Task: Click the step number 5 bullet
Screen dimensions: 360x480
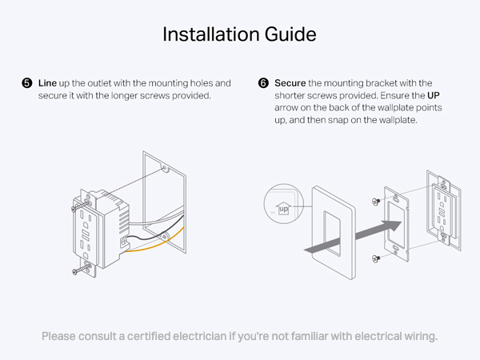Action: (x=27, y=83)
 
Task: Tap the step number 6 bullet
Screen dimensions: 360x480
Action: (x=263, y=83)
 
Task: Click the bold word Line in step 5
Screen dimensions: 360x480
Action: (x=47, y=83)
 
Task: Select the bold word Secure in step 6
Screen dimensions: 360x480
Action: (x=290, y=83)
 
